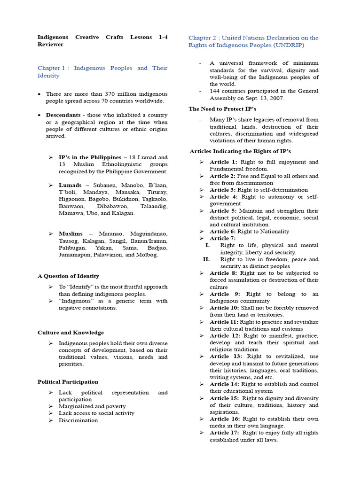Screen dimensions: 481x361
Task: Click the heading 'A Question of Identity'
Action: click(x=68, y=276)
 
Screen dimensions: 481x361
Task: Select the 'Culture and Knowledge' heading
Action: click(x=71, y=333)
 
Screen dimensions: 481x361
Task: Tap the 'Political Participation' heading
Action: click(x=68, y=382)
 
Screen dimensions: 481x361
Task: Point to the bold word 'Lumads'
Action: click(x=70, y=185)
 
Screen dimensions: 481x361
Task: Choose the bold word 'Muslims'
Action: click(x=71, y=233)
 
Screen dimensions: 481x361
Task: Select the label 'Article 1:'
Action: click(x=223, y=162)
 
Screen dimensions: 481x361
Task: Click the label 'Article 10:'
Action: click(x=225, y=308)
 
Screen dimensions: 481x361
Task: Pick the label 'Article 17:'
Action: click(x=225, y=433)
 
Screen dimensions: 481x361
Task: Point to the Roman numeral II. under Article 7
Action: click(x=206, y=259)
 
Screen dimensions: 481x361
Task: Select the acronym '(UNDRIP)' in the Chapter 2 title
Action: click(x=288, y=45)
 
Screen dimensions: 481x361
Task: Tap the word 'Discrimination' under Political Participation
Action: click(x=78, y=420)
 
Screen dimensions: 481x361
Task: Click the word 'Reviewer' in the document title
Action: click(x=50, y=45)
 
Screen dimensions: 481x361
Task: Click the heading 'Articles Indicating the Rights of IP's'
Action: click(x=240, y=151)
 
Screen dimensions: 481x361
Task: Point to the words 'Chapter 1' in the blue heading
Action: click(x=52, y=68)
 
